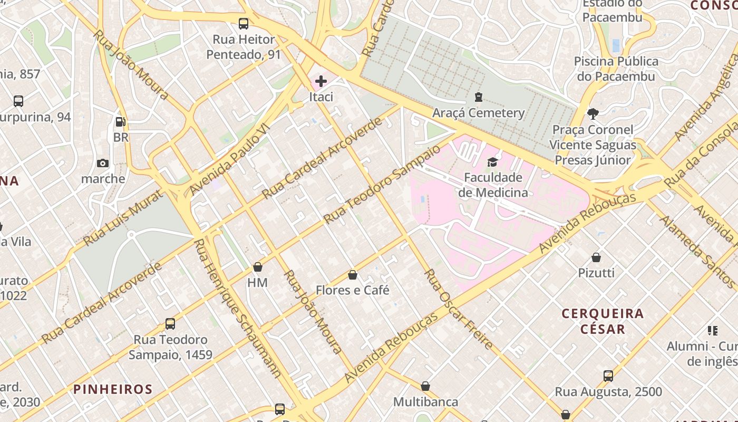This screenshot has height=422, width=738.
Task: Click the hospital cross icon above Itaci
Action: pyautogui.click(x=321, y=81)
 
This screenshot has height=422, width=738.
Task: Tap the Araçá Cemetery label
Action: pyautogui.click(x=478, y=113)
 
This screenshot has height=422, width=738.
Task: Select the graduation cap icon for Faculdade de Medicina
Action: pyautogui.click(x=493, y=162)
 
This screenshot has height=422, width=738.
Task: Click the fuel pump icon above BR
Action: pyautogui.click(x=121, y=122)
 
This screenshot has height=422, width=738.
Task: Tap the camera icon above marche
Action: pyautogui.click(x=103, y=163)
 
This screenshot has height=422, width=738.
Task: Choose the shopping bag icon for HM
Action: pyautogui.click(x=258, y=267)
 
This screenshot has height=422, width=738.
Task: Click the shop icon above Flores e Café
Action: pyautogui.click(x=353, y=275)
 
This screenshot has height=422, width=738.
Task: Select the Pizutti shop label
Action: pyautogui.click(x=596, y=273)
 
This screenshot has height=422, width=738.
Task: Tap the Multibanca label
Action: pyautogui.click(x=425, y=402)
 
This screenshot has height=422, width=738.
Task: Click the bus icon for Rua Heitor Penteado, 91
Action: pyautogui.click(x=243, y=24)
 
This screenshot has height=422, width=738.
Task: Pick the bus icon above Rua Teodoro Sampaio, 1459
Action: pyautogui.click(x=170, y=324)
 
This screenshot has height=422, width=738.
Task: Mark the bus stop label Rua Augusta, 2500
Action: pyautogui.click(x=608, y=392)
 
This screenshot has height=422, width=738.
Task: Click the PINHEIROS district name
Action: pyautogui.click(x=113, y=389)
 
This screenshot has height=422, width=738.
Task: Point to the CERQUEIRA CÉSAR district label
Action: pyautogui.click(x=603, y=321)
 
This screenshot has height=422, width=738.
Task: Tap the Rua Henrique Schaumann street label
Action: pyautogui.click(x=237, y=309)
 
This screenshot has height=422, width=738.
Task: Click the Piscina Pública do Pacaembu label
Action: pyautogui.click(x=616, y=69)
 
